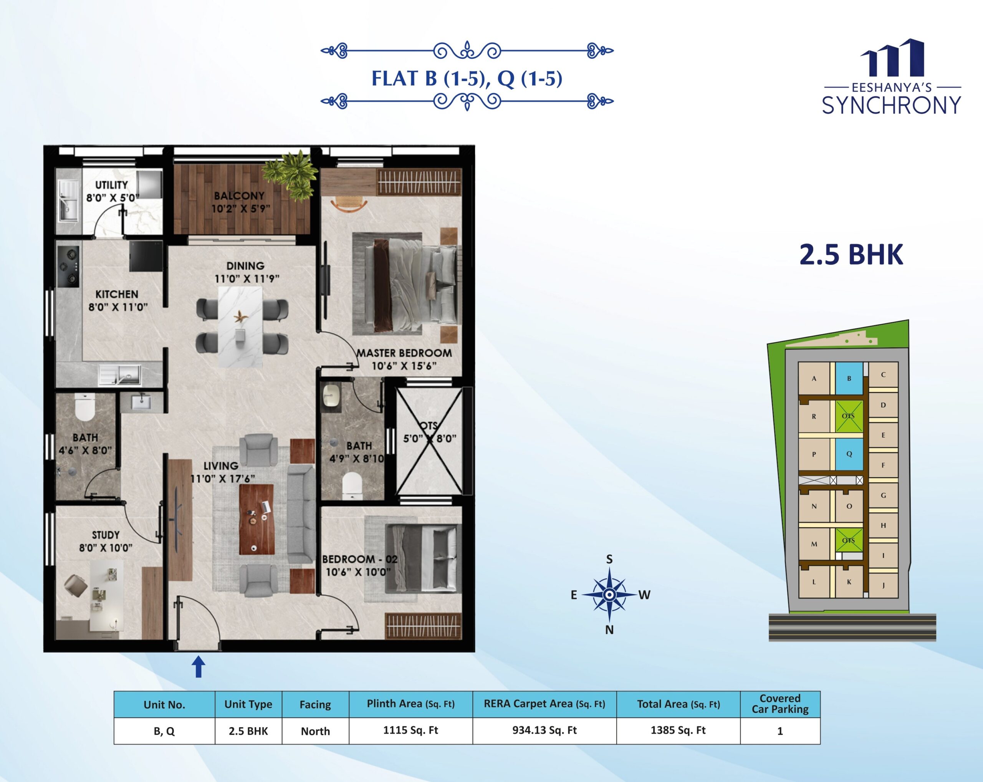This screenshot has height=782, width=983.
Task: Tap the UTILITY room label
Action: pos(112,185)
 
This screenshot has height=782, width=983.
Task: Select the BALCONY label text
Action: pos(239,195)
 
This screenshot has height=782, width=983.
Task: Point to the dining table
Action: pos(240,326)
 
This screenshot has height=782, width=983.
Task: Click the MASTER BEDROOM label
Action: pos(404,353)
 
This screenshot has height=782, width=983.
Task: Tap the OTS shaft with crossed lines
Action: pos(429,441)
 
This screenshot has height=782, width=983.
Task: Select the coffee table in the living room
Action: pos(257,519)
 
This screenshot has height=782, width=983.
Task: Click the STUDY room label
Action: pos(106,535)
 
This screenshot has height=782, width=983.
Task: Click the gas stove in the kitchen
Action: pos(68,267)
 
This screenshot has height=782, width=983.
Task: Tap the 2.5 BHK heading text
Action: pos(851,254)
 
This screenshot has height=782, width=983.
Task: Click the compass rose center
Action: pos(609,595)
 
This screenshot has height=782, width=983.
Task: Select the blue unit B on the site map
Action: pos(849,378)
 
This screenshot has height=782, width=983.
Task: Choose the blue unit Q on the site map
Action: pos(849,454)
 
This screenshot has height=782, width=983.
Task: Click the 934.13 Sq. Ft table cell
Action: pos(544,730)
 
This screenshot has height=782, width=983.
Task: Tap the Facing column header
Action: pos(315,704)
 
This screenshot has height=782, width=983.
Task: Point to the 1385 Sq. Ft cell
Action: pos(678,730)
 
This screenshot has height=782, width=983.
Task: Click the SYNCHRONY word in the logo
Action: pos(891,105)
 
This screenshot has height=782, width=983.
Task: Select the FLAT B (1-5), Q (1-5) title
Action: pos(467,78)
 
